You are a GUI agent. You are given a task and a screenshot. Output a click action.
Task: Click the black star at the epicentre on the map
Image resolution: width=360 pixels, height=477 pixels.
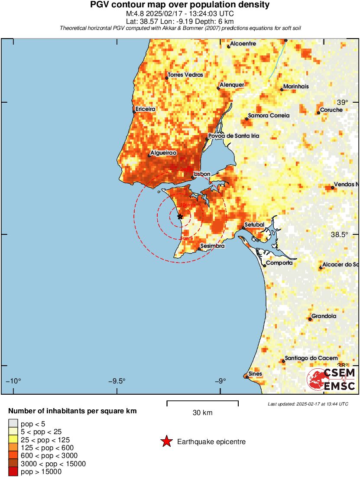tap(180, 216)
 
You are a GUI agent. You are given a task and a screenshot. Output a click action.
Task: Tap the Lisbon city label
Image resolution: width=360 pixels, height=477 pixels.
tap(202, 174)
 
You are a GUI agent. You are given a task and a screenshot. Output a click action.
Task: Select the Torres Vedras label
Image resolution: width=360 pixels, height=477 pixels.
tap(185, 75)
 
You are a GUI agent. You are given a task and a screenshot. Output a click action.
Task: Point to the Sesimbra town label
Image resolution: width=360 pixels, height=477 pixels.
tap(212, 246)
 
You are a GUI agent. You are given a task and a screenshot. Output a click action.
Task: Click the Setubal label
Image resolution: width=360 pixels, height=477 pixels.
tap(254, 225)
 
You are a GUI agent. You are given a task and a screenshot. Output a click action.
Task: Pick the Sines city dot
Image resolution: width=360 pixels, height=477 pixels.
tap(247, 377)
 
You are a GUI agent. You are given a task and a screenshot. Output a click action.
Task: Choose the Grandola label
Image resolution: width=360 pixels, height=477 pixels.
tap(324, 316)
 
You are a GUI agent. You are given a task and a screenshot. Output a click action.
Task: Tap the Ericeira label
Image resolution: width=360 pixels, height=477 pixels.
tap(145, 109)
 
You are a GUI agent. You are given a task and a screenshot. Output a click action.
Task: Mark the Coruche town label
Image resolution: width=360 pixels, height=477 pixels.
tap(331, 110)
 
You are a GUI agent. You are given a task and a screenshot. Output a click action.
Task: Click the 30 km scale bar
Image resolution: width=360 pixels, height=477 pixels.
tap(202, 403)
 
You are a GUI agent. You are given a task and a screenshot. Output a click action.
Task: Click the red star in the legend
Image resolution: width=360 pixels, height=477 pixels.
tap(166, 442)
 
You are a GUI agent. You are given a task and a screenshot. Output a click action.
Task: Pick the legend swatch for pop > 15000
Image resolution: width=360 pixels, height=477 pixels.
tap(13, 471)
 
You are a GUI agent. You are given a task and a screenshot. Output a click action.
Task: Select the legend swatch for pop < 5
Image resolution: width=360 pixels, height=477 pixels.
tap(13, 424)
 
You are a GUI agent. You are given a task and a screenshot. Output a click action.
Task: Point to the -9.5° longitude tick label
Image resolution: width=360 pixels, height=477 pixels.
tap(117, 381)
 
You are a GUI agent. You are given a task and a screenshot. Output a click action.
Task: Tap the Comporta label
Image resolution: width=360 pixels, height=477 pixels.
tap(279, 263)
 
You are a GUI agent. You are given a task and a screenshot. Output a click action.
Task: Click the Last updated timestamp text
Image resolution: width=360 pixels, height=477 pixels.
tap(308, 404)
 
